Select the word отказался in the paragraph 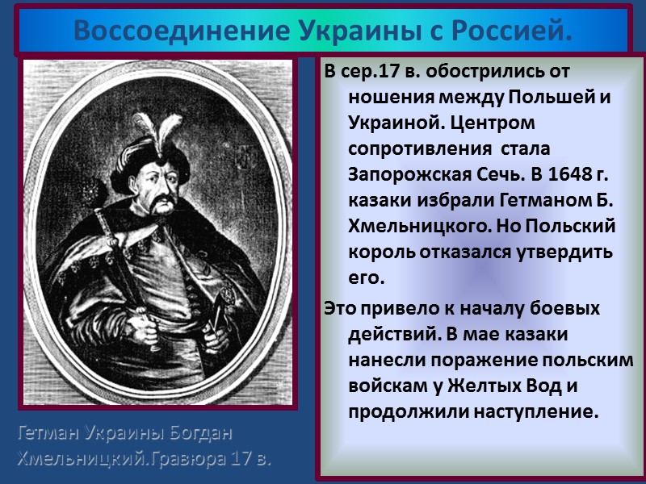point(467,252)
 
